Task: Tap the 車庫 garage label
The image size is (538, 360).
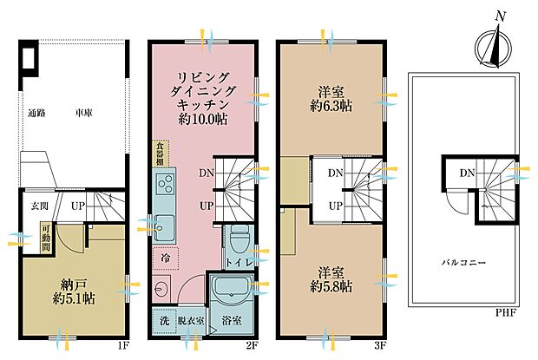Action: [83, 114]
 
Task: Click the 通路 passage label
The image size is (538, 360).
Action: [36, 114]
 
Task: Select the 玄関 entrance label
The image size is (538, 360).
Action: [41, 206]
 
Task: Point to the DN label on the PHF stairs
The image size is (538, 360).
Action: [466, 173]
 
